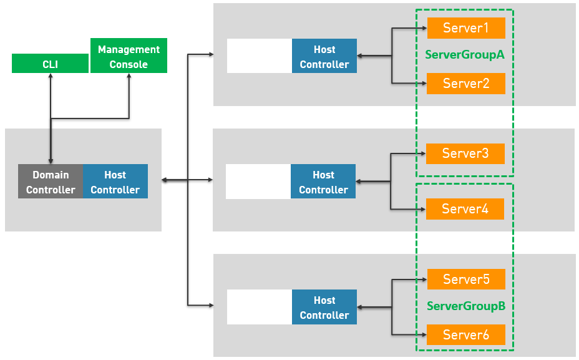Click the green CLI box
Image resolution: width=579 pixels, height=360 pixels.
coord(50,63)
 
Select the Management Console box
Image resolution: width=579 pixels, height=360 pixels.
coord(129,56)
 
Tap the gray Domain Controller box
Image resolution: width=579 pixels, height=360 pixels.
coord(51,182)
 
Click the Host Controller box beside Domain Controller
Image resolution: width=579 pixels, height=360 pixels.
coord(115,182)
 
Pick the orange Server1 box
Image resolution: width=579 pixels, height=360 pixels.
coord(466,28)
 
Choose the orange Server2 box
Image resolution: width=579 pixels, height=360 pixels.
coord(466,84)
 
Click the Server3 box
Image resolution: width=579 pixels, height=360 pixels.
coord(465,153)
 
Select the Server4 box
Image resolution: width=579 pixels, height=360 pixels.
coord(465,209)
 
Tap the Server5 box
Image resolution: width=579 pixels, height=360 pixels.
coord(466,279)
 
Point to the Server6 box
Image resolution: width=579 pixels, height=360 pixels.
coord(466,335)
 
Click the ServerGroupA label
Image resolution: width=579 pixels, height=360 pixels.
coord(465,55)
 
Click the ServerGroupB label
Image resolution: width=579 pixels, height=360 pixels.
coord(466,306)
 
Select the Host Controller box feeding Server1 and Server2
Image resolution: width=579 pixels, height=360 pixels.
coord(324,56)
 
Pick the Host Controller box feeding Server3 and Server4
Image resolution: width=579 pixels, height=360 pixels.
coord(323,182)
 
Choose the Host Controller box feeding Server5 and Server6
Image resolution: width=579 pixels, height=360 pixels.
coord(324,307)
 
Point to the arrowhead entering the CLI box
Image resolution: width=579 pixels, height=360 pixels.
coord(51,75)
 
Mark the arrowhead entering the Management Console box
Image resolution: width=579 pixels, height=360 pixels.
coord(129,75)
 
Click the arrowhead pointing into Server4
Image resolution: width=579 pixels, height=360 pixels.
coord(424,210)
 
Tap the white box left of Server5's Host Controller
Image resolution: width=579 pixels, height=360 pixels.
coord(260,307)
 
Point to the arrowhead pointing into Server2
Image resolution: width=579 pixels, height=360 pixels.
coord(424,84)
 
